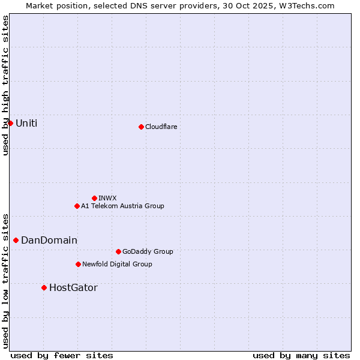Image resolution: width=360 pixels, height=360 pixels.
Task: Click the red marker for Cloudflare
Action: [x=141, y=127]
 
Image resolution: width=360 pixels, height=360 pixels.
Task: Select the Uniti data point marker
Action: [x=10, y=123]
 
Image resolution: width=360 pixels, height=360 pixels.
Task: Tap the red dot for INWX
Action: [x=94, y=198]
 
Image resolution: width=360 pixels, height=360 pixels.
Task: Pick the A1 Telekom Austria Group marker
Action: [x=77, y=206]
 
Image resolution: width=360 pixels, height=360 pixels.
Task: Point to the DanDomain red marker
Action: [x=16, y=240]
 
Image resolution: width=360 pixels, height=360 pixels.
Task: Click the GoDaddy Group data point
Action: [x=118, y=251]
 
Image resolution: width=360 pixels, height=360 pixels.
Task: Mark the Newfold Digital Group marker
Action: [x=78, y=264]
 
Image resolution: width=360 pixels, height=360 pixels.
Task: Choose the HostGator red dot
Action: [x=44, y=287]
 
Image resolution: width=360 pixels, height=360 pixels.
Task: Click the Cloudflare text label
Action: [x=161, y=127]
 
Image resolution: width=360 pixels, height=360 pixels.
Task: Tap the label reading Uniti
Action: [x=26, y=123]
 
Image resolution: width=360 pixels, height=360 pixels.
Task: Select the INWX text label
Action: [x=107, y=198]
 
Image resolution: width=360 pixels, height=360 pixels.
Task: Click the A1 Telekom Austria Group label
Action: [x=122, y=206]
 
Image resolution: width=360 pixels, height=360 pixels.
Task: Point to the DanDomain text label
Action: [x=49, y=240]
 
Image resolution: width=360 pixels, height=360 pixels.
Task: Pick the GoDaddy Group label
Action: [x=148, y=251]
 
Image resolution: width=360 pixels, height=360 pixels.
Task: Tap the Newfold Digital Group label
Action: [x=117, y=264]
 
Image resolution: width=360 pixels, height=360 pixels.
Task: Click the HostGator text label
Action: [x=73, y=287]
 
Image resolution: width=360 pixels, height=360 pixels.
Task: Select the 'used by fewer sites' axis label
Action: [x=62, y=355]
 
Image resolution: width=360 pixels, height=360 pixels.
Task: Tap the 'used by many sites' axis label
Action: [x=301, y=355]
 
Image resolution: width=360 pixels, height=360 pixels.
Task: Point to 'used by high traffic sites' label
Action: [x=6, y=85]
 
